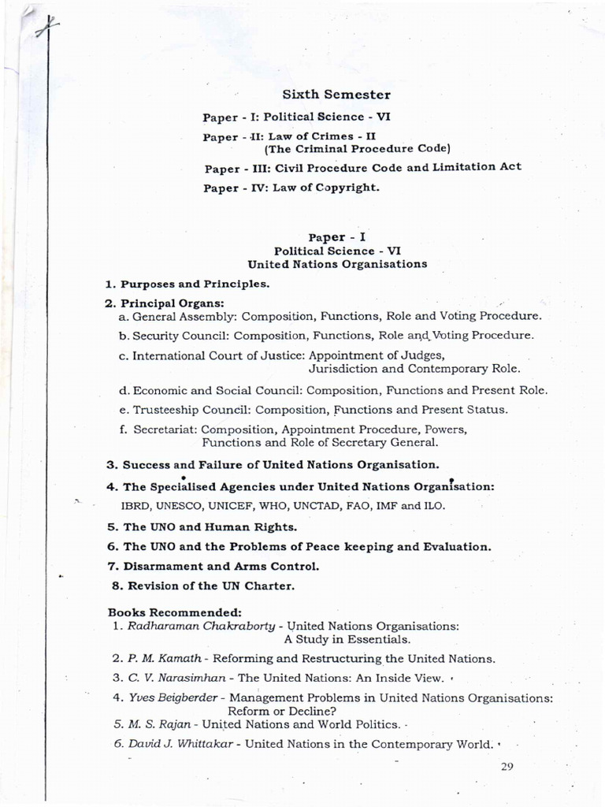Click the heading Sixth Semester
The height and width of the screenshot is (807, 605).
pos(336,95)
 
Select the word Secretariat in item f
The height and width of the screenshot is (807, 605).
pos(166,430)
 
